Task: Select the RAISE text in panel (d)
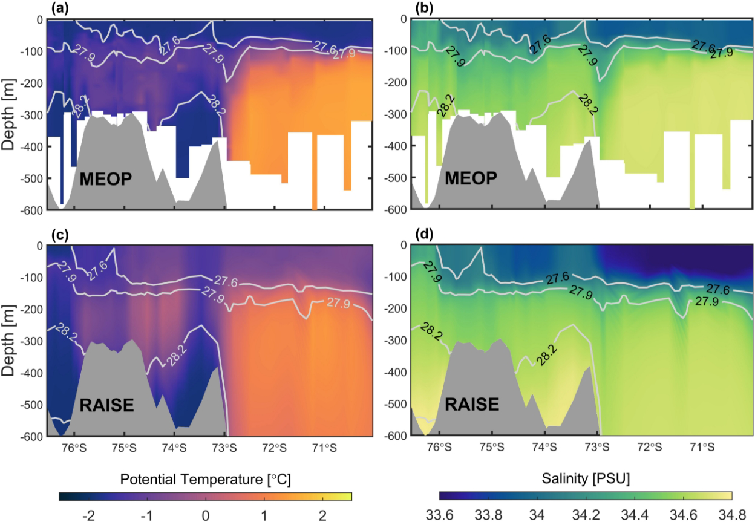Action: pos(472,403)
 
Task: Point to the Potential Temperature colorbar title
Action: pos(205,480)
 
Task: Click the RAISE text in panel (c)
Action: pos(106,405)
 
